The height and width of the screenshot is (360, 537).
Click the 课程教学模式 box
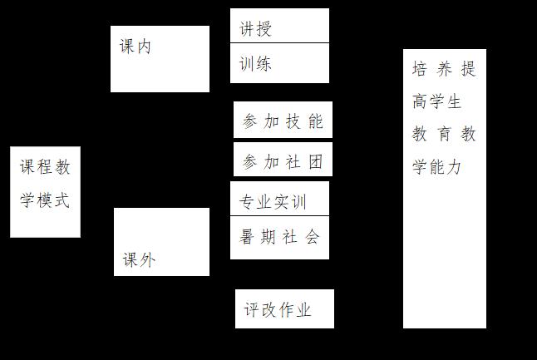pyautogui.click(x=45, y=191)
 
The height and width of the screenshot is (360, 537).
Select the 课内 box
pyautogui.click(x=160, y=58)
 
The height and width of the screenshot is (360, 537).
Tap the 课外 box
pyautogui.click(x=161, y=241)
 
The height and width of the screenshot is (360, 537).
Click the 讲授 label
pyautogui.click(x=256, y=30)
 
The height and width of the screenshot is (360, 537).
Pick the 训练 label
pyautogui.click(x=256, y=64)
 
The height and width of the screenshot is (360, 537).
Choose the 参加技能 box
pyautogui.click(x=283, y=121)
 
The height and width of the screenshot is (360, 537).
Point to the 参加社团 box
pyautogui.click(x=283, y=161)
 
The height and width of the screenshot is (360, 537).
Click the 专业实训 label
pyautogui.click(x=273, y=202)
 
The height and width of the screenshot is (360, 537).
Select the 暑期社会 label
pyautogui.click(x=279, y=237)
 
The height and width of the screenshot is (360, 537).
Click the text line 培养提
pyautogui.click(x=444, y=69)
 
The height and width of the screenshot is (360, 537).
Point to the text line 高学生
pyautogui.click(x=436, y=102)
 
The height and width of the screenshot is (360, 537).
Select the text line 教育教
pyautogui.click(x=444, y=134)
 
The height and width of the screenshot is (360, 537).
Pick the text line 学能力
pyautogui.click(x=436, y=167)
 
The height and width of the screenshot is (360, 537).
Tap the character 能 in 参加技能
pyautogui.click(x=315, y=121)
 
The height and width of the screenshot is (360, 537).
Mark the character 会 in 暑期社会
pyautogui.click(x=312, y=237)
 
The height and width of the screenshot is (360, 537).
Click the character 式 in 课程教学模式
pyautogui.click(x=62, y=200)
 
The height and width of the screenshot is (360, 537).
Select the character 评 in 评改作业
pyautogui.click(x=252, y=310)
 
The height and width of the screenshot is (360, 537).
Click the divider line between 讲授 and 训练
pyautogui.click(x=279, y=43)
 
